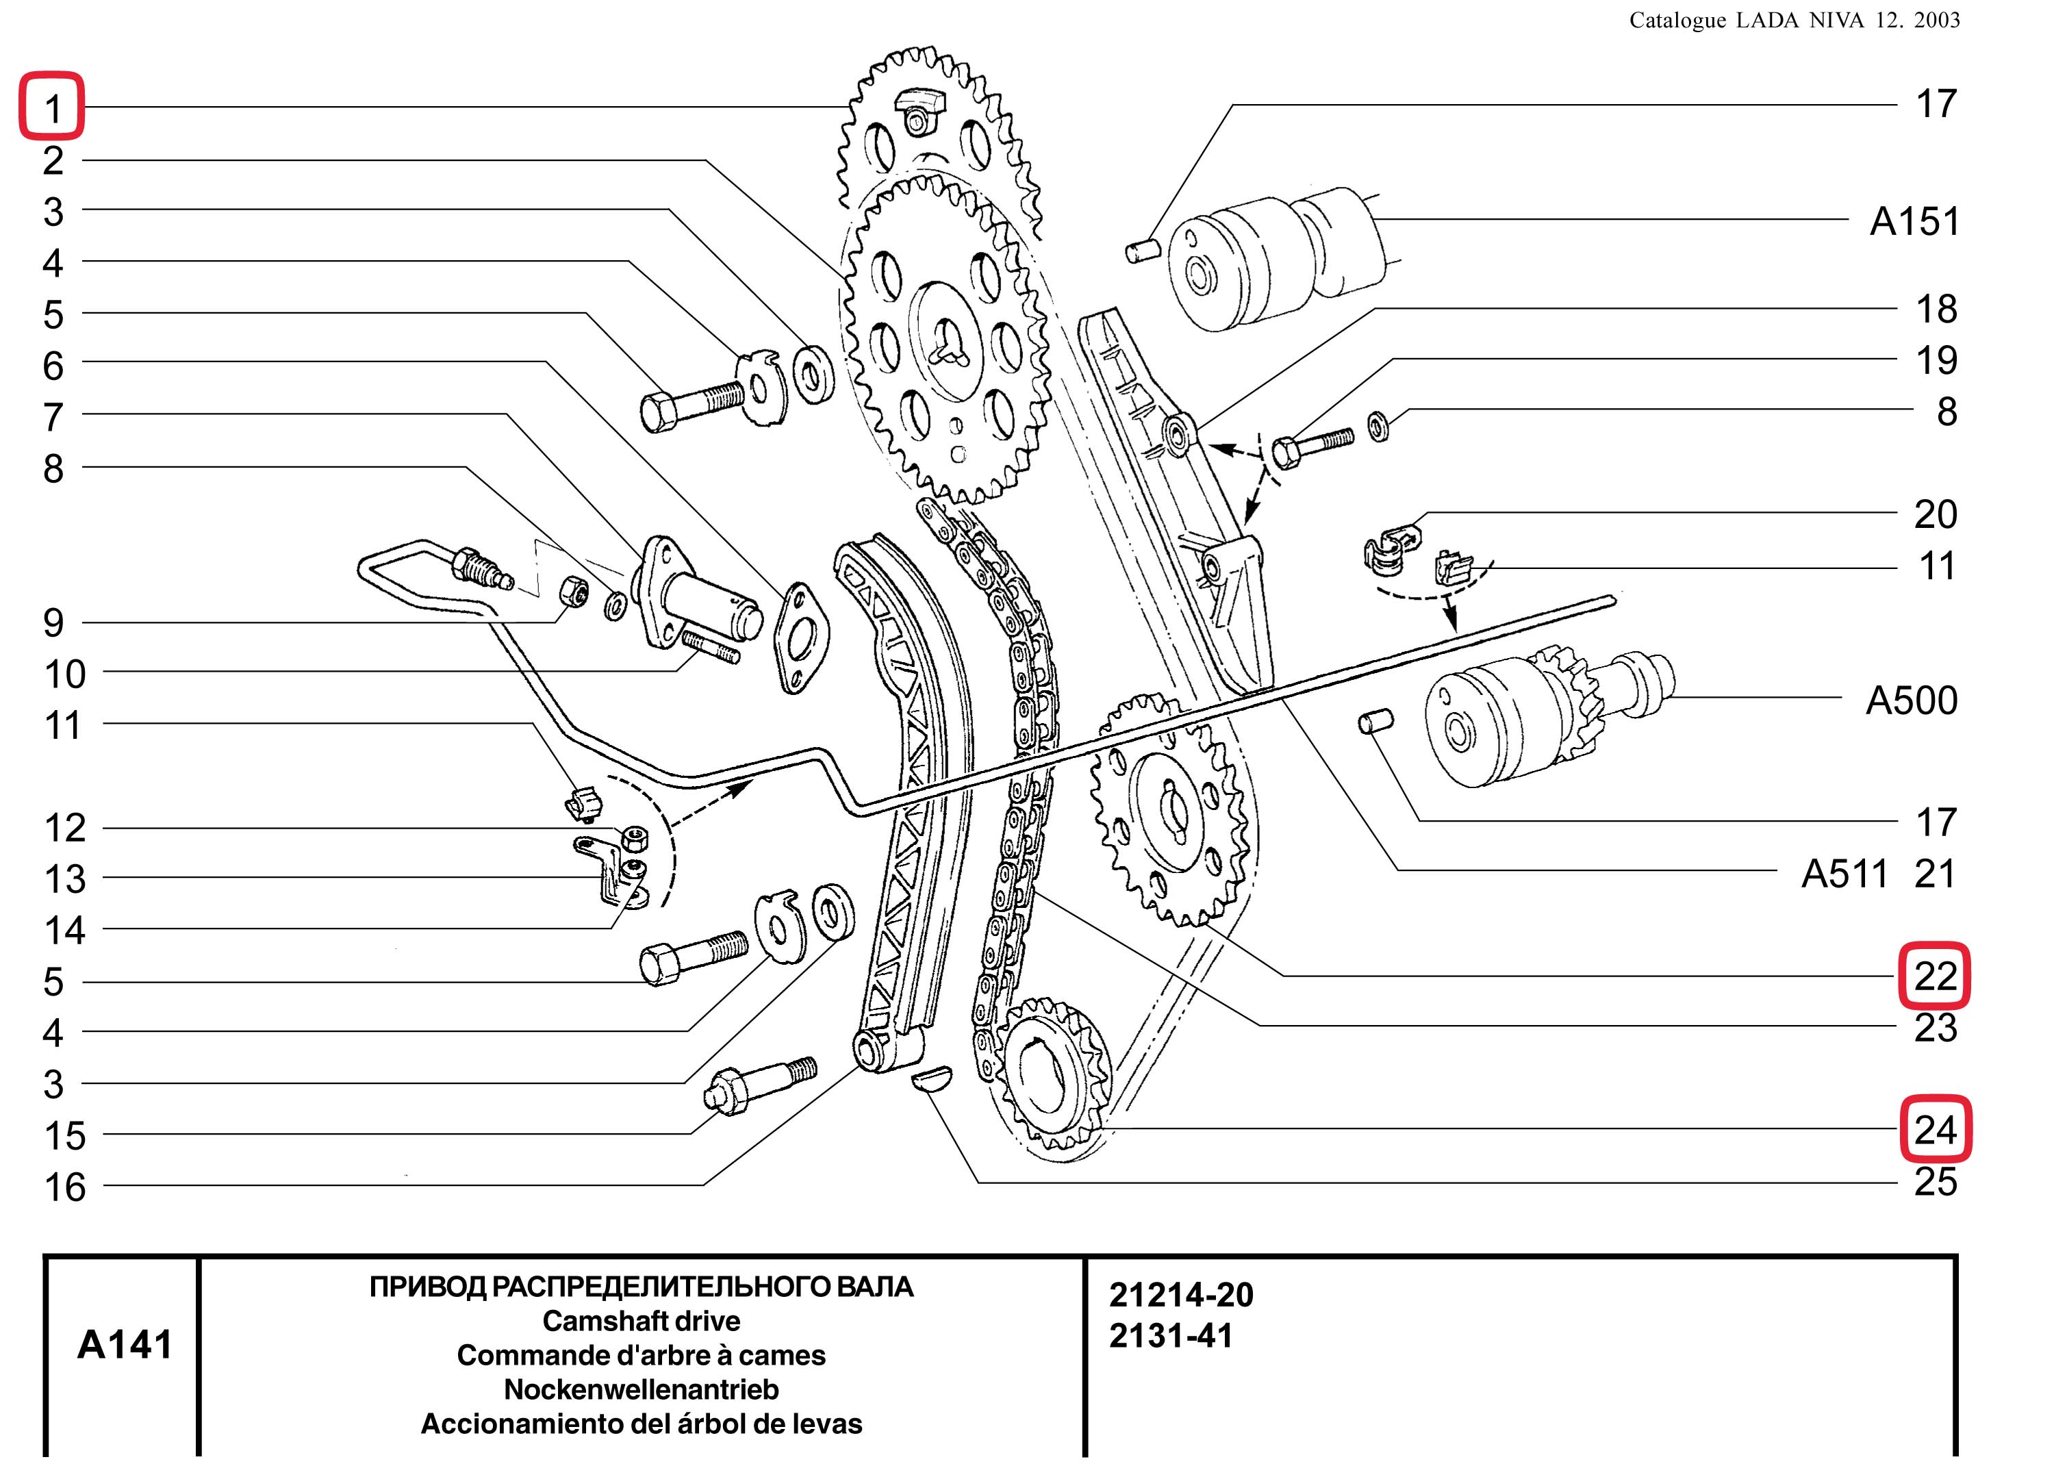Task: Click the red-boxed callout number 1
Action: pyautogui.click(x=52, y=108)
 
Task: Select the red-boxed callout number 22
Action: pyautogui.click(x=1935, y=976)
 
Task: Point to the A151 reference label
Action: pyautogui.click(x=1915, y=221)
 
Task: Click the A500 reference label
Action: pyautogui.click(x=1912, y=700)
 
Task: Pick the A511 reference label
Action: pyautogui.click(x=1844, y=874)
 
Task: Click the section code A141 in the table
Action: pyautogui.click(x=125, y=1344)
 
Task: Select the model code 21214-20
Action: pyautogui.click(x=1181, y=1296)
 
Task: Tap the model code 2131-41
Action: pyautogui.click(x=1171, y=1336)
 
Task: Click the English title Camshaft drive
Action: pyautogui.click(x=641, y=1321)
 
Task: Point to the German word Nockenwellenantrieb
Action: pyautogui.click(x=641, y=1389)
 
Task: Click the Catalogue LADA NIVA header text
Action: pyautogui.click(x=1794, y=20)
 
